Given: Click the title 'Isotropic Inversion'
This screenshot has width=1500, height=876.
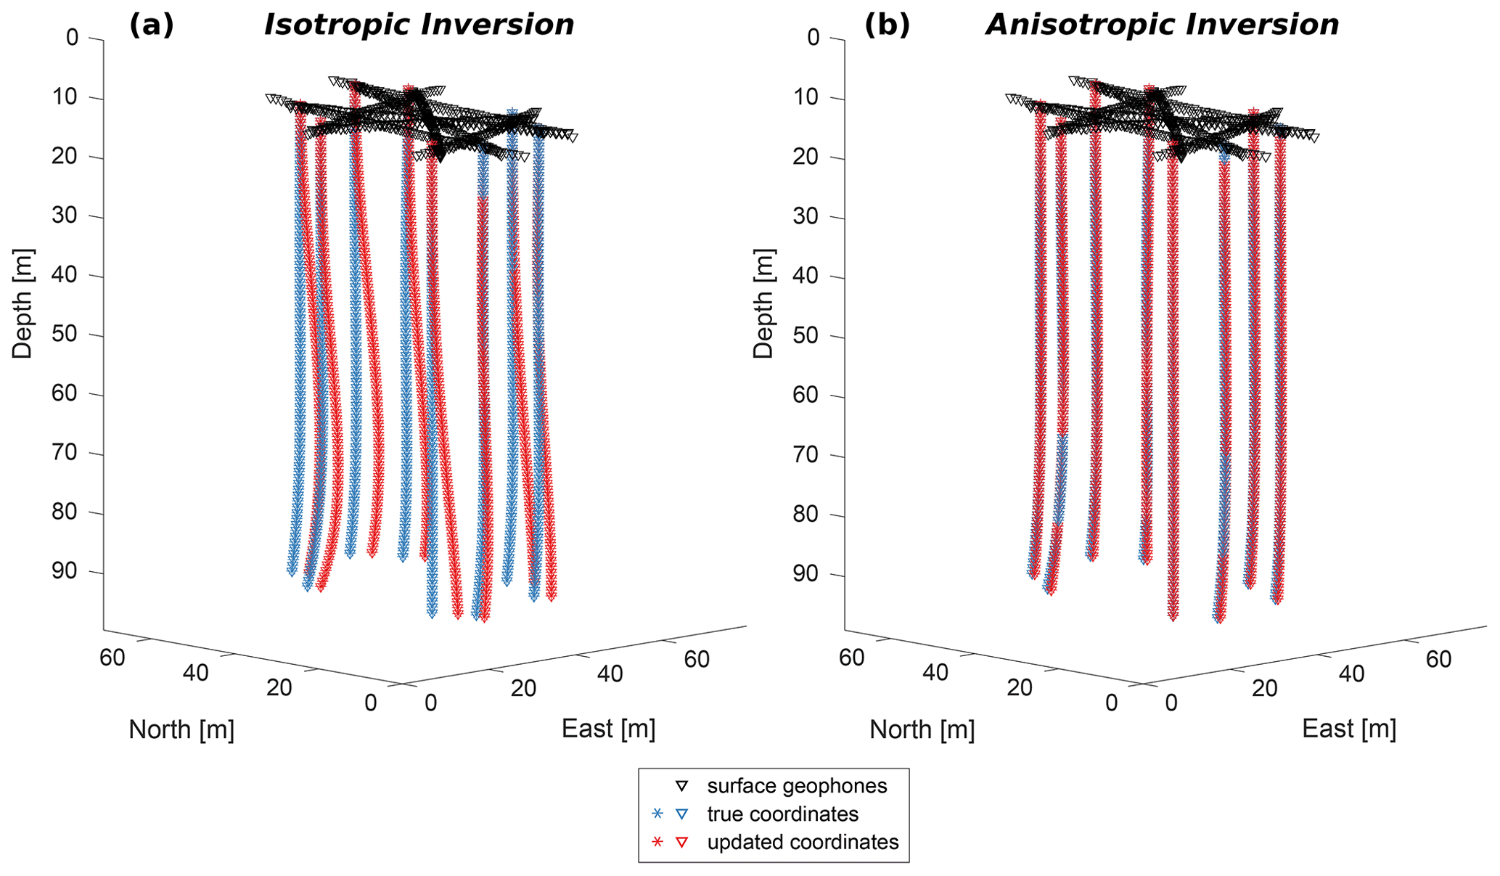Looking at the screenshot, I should (x=419, y=25).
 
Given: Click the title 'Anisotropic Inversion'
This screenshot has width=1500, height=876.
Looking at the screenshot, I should (x=1161, y=25).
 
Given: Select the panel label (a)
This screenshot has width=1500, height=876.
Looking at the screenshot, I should (x=151, y=25).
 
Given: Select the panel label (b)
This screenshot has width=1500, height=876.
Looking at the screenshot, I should (x=886, y=25).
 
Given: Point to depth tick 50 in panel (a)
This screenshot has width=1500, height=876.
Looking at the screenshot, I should (x=67, y=335).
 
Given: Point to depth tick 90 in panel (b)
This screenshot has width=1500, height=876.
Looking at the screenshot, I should (x=809, y=575).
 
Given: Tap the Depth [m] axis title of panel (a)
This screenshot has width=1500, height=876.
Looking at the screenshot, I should (x=23, y=303).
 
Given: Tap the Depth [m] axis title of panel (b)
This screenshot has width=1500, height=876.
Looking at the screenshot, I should (x=763, y=303).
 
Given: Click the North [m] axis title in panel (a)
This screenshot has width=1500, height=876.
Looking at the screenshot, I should (x=181, y=730).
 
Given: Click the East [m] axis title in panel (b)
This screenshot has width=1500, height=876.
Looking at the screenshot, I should (x=1348, y=729).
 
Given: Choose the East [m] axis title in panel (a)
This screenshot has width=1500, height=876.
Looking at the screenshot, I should (x=608, y=729).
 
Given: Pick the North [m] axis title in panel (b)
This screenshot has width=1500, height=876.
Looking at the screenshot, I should (x=922, y=730).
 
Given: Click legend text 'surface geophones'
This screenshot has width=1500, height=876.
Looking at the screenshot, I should (x=797, y=786).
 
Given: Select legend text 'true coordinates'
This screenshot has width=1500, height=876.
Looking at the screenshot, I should (x=782, y=814).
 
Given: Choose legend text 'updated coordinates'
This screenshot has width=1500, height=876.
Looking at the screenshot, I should (x=803, y=842).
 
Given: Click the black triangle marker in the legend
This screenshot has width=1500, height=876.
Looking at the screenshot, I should (x=681, y=786).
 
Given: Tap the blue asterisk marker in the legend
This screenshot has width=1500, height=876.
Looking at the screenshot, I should (x=657, y=814).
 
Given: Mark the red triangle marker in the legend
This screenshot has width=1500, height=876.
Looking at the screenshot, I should (x=681, y=842).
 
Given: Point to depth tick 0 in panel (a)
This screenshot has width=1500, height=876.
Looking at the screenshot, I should (x=73, y=37).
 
